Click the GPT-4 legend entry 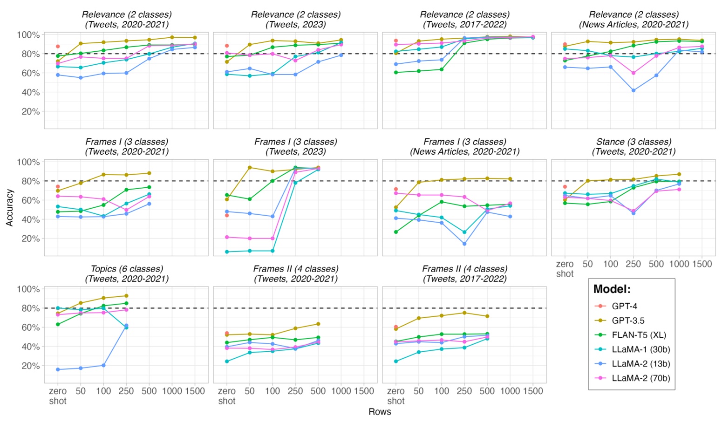tap(624, 306)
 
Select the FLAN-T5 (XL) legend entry tap(639, 335)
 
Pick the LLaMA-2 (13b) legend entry tap(640, 364)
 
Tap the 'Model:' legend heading tap(612, 289)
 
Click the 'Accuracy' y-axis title tap(9, 208)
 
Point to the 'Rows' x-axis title tap(380, 412)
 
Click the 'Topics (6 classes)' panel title tap(127, 269)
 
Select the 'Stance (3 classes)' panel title tap(633, 142)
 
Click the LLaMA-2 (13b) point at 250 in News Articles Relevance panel tap(633, 90)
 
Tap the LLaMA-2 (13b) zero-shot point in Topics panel tap(58, 369)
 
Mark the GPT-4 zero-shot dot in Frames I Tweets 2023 tap(227, 215)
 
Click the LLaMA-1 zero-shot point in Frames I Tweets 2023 tap(227, 252)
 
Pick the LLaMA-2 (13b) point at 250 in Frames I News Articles tap(464, 244)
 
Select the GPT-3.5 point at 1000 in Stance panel tap(679, 174)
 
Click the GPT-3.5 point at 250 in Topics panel tap(126, 296)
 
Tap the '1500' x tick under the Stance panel tap(702, 264)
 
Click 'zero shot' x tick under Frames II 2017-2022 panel tap(395, 396)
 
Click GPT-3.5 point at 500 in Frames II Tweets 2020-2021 tap(318, 324)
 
